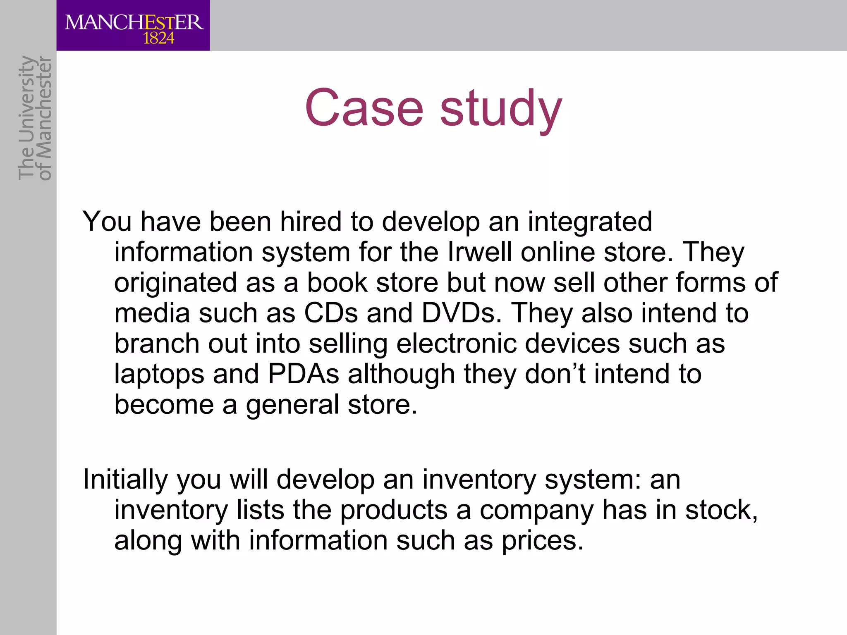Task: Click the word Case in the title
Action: click(364, 108)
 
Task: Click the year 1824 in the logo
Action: click(158, 39)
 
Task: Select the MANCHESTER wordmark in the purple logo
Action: click(134, 22)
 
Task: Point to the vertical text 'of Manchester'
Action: click(45, 119)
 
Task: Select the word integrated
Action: click(590, 222)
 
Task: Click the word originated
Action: click(175, 283)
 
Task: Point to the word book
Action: click(337, 282)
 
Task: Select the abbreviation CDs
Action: click(331, 313)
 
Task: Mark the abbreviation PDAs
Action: click(304, 374)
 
